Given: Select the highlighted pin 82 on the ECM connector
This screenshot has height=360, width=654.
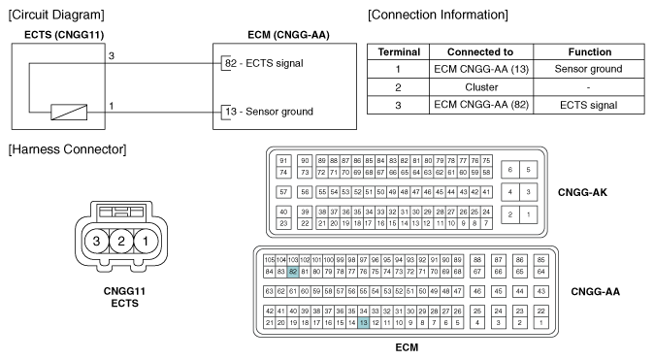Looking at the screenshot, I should pos(293,272).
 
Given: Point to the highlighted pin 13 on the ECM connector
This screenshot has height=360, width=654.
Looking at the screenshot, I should pos(363,322).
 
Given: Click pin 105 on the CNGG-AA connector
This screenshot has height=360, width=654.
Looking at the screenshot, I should pos(270,260).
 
